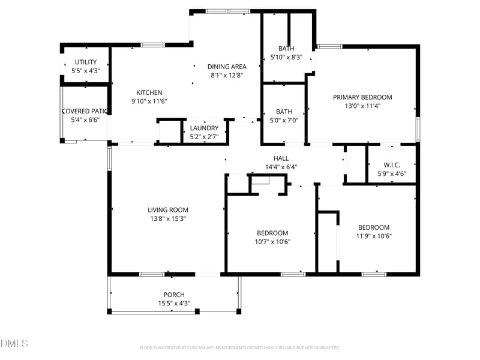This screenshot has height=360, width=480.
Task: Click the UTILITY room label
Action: pos(86,62)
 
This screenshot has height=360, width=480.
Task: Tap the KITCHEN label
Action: pos(149,92)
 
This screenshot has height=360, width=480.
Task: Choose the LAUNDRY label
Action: pos(204,128)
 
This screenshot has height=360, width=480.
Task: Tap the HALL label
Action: pos(281,158)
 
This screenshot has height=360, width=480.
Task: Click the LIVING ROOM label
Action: pos(168,210)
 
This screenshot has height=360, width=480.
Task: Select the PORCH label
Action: pos(174,295)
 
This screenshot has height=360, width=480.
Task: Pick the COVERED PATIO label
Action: pos(85,111)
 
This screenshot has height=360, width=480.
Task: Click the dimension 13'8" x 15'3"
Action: pos(168,219)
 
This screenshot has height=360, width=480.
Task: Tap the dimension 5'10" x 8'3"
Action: pos(286,58)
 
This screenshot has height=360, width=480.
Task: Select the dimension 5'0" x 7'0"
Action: pos(284,120)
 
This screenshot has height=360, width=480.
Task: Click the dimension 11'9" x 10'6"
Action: pos(374,236)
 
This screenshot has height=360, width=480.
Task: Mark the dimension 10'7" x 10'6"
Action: pos(272,242)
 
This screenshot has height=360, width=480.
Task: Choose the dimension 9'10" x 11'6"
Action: pos(149,101)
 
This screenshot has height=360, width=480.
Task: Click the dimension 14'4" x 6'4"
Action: pos(281,167)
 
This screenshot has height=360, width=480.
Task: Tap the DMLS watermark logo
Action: pos(14,343)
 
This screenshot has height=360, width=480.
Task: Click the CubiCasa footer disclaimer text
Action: pos(240,347)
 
